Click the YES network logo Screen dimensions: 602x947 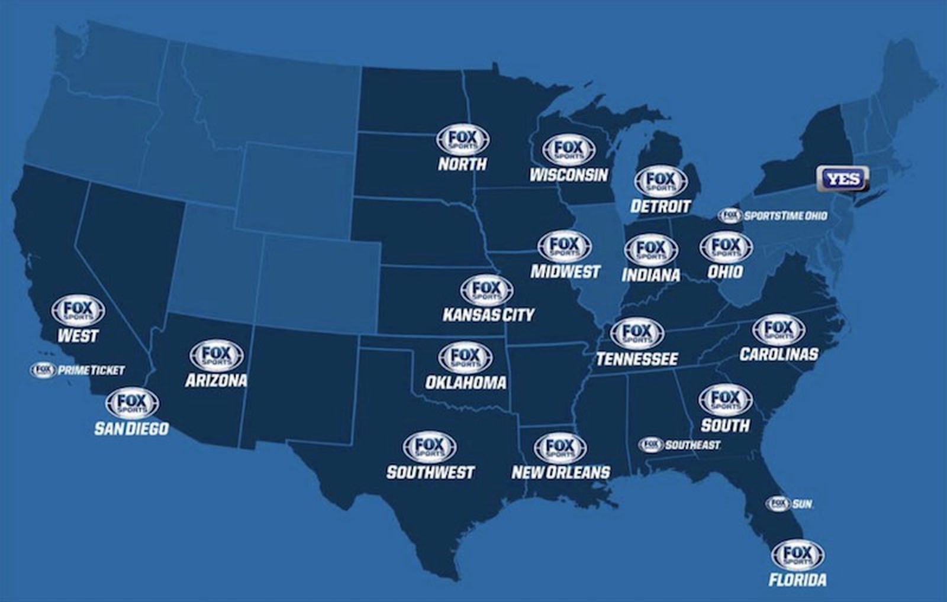(843, 179)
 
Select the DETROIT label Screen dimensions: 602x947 (661, 206)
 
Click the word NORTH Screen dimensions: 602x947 (462, 164)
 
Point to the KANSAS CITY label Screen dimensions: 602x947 (488, 315)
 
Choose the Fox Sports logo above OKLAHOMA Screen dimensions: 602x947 (465, 357)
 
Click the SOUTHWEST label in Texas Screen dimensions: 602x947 (430, 472)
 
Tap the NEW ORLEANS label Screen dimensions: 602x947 (561, 472)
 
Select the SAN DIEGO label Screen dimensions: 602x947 (131, 428)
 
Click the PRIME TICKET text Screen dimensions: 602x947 (91, 371)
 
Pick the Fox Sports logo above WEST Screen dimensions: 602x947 (78, 310)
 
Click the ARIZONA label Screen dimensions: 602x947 (216, 380)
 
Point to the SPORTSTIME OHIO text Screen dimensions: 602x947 (785, 216)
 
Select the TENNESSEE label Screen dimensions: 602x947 (637, 359)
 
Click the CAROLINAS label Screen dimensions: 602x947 (778, 354)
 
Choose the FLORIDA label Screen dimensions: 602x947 (797, 580)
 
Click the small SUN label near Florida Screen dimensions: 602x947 (802, 504)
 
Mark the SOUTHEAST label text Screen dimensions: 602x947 (692, 445)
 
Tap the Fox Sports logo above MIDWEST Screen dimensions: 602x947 (565, 246)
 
